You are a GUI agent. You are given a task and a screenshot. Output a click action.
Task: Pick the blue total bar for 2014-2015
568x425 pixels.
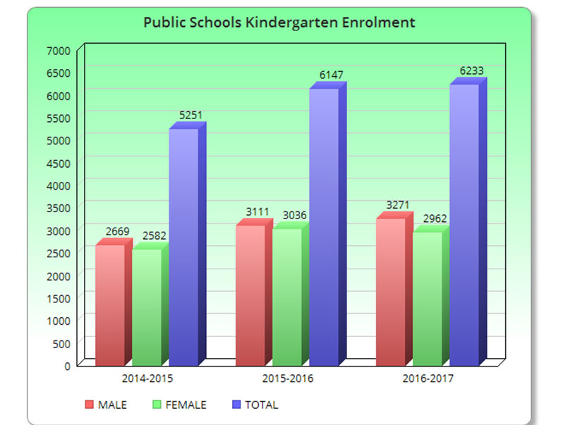coord(183,247)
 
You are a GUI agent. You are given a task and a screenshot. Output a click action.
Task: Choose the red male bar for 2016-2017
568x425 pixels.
coord(391,292)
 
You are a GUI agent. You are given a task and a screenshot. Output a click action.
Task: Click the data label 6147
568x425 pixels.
coord(328,75)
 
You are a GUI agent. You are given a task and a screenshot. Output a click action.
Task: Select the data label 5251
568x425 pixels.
coord(188,115)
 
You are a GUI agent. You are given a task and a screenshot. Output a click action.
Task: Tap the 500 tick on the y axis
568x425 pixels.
coord(62,343)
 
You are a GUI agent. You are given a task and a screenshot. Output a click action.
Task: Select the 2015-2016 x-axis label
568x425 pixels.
coord(287,378)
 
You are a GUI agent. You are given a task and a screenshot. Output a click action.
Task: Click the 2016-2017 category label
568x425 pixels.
coord(428,378)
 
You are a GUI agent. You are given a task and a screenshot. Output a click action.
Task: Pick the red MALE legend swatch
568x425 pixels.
coord(90,405)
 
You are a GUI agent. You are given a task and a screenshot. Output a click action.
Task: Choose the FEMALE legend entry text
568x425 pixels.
coord(186,405)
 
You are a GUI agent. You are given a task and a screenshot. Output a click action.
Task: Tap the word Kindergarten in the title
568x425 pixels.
coord(292,23)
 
